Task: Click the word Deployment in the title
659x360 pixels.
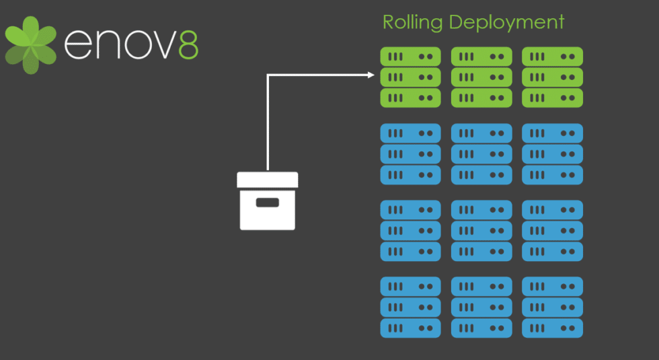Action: tap(506, 22)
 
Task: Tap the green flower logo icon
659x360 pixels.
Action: tap(30, 44)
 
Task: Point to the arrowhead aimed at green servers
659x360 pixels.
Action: tap(371, 75)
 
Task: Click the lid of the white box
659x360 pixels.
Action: tap(268, 180)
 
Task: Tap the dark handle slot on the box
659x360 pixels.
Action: tap(268, 202)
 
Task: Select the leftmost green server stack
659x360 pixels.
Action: tap(410, 77)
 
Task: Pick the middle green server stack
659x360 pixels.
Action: tap(481, 77)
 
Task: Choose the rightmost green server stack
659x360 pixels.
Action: tap(552, 77)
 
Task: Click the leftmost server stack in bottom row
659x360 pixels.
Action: tap(410, 308)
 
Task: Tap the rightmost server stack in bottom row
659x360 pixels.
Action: tap(552, 308)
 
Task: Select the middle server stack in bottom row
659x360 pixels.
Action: tap(481, 308)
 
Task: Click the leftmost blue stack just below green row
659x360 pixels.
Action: tap(410, 154)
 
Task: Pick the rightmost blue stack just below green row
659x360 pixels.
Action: tap(552, 154)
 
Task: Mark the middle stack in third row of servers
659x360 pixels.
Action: tap(481, 231)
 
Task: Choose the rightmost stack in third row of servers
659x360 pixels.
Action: tap(552, 231)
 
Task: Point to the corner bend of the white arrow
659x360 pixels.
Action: tap(268, 75)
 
